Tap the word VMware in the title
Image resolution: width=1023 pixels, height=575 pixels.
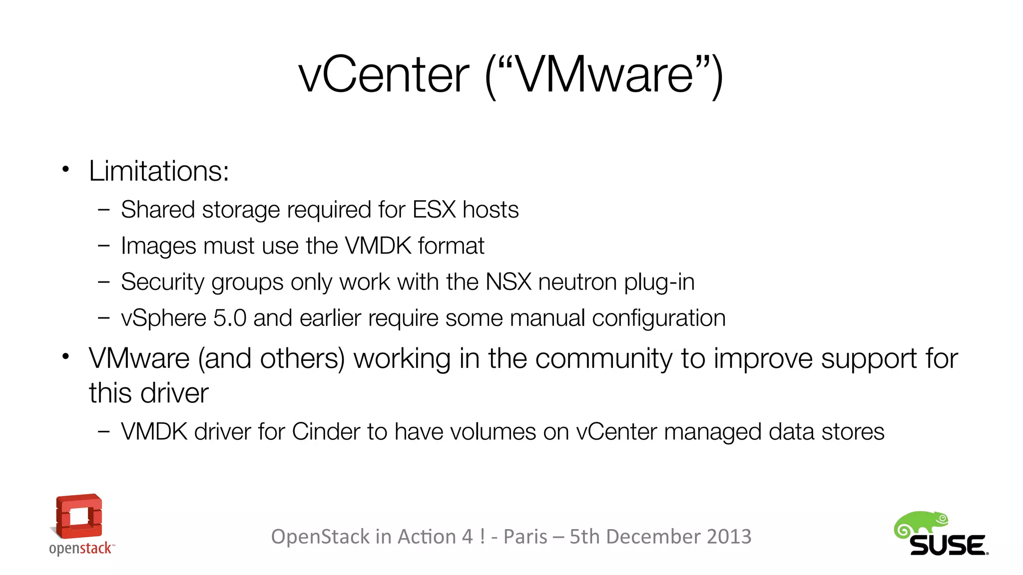pyautogui.click(x=604, y=75)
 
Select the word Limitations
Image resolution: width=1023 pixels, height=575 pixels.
pyautogui.click(x=159, y=171)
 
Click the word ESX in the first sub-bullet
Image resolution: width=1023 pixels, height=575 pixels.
pyautogui.click(x=434, y=210)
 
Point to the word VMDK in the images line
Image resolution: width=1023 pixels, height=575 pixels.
pyautogui.click(x=378, y=246)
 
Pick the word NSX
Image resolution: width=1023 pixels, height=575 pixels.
pyautogui.click(x=509, y=282)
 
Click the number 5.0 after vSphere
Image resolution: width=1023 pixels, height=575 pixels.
pyautogui.click(x=230, y=318)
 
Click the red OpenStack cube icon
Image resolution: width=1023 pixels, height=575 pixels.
pyautogui.click(x=79, y=517)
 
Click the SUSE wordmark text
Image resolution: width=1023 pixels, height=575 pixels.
pyautogui.click(x=948, y=546)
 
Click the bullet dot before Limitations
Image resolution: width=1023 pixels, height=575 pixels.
pyautogui.click(x=65, y=170)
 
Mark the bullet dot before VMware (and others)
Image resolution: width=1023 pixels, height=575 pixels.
pyautogui.click(x=65, y=356)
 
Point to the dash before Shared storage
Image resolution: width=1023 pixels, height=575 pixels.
pyautogui.click(x=104, y=210)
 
